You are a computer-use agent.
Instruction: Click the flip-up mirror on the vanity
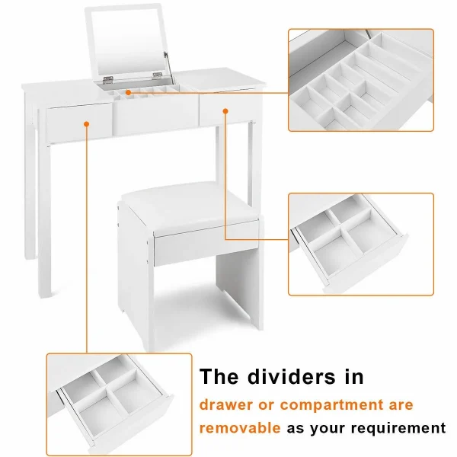[x=127, y=41]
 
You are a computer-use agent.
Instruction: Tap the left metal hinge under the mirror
[x=108, y=78]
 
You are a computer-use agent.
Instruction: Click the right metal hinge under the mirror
[x=157, y=75]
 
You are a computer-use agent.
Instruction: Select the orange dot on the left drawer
[x=86, y=124]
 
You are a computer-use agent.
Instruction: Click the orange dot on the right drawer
[x=225, y=111]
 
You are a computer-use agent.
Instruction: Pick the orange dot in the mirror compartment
[x=128, y=92]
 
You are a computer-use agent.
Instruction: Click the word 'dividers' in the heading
[x=292, y=376]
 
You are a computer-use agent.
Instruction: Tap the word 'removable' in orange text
[x=240, y=428]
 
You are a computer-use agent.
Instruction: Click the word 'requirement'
[x=398, y=429]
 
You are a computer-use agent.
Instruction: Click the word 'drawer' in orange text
[x=226, y=405]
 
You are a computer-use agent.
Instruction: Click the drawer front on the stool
[x=206, y=244]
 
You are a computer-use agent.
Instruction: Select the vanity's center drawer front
[x=155, y=113]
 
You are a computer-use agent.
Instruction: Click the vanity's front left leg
[x=45, y=219]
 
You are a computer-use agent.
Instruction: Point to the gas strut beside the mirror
[x=168, y=68]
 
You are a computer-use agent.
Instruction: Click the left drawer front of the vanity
[x=79, y=123]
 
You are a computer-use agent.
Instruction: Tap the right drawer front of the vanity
[x=231, y=108]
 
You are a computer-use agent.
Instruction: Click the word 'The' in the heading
[x=219, y=376]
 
